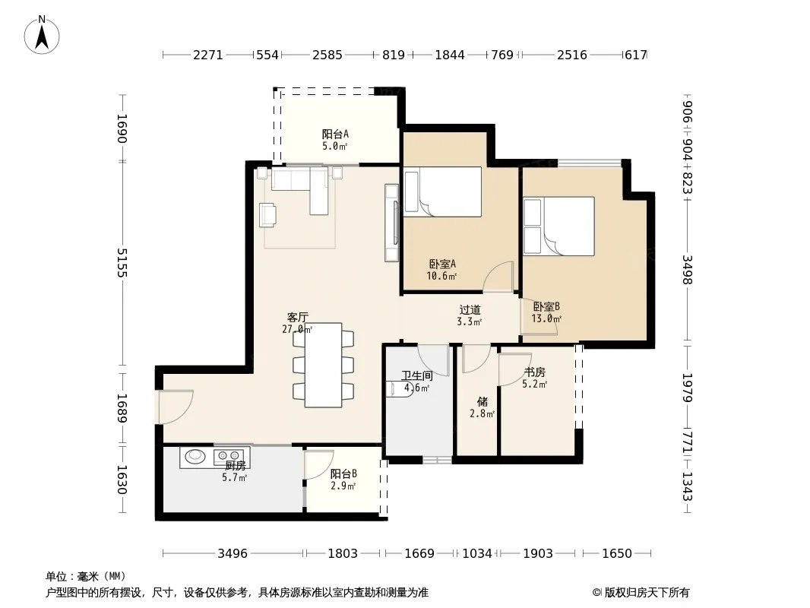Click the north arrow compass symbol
pyautogui.click(x=42, y=35)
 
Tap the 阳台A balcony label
pyautogui.click(x=335, y=135)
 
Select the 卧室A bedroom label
pyautogui.click(x=442, y=264)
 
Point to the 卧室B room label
pyautogui.click(x=546, y=307)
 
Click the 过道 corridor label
pyautogui.click(x=470, y=309)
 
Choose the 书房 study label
pyautogui.click(x=535, y=372)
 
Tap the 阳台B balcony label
pyautogui.click(x=343, y=473)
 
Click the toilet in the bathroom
pyautogui.click(x=399, y=388)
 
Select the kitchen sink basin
pyautogui.click(x=195, y=455)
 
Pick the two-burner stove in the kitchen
pyautogui.click(x=229, y=455)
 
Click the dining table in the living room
pyautogui.click(x=324, y=365)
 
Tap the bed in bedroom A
pyautogui.click(x=443, y=192)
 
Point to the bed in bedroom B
pyautogui.click(x=558, y=226)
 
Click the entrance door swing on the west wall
pyautogui.click(x=176, y=407)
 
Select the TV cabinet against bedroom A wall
pyautogui.click(x=391, y=223)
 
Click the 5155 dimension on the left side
pyautogui.click(x=122, y=263)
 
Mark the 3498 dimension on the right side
pyautogui.click(x=687, y=270)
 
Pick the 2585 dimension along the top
pyautogui.click(x=327, y=55)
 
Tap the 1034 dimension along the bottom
pyautogui.click(x=476, y=554)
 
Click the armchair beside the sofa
pyautogui.click(x=267, y=215)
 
